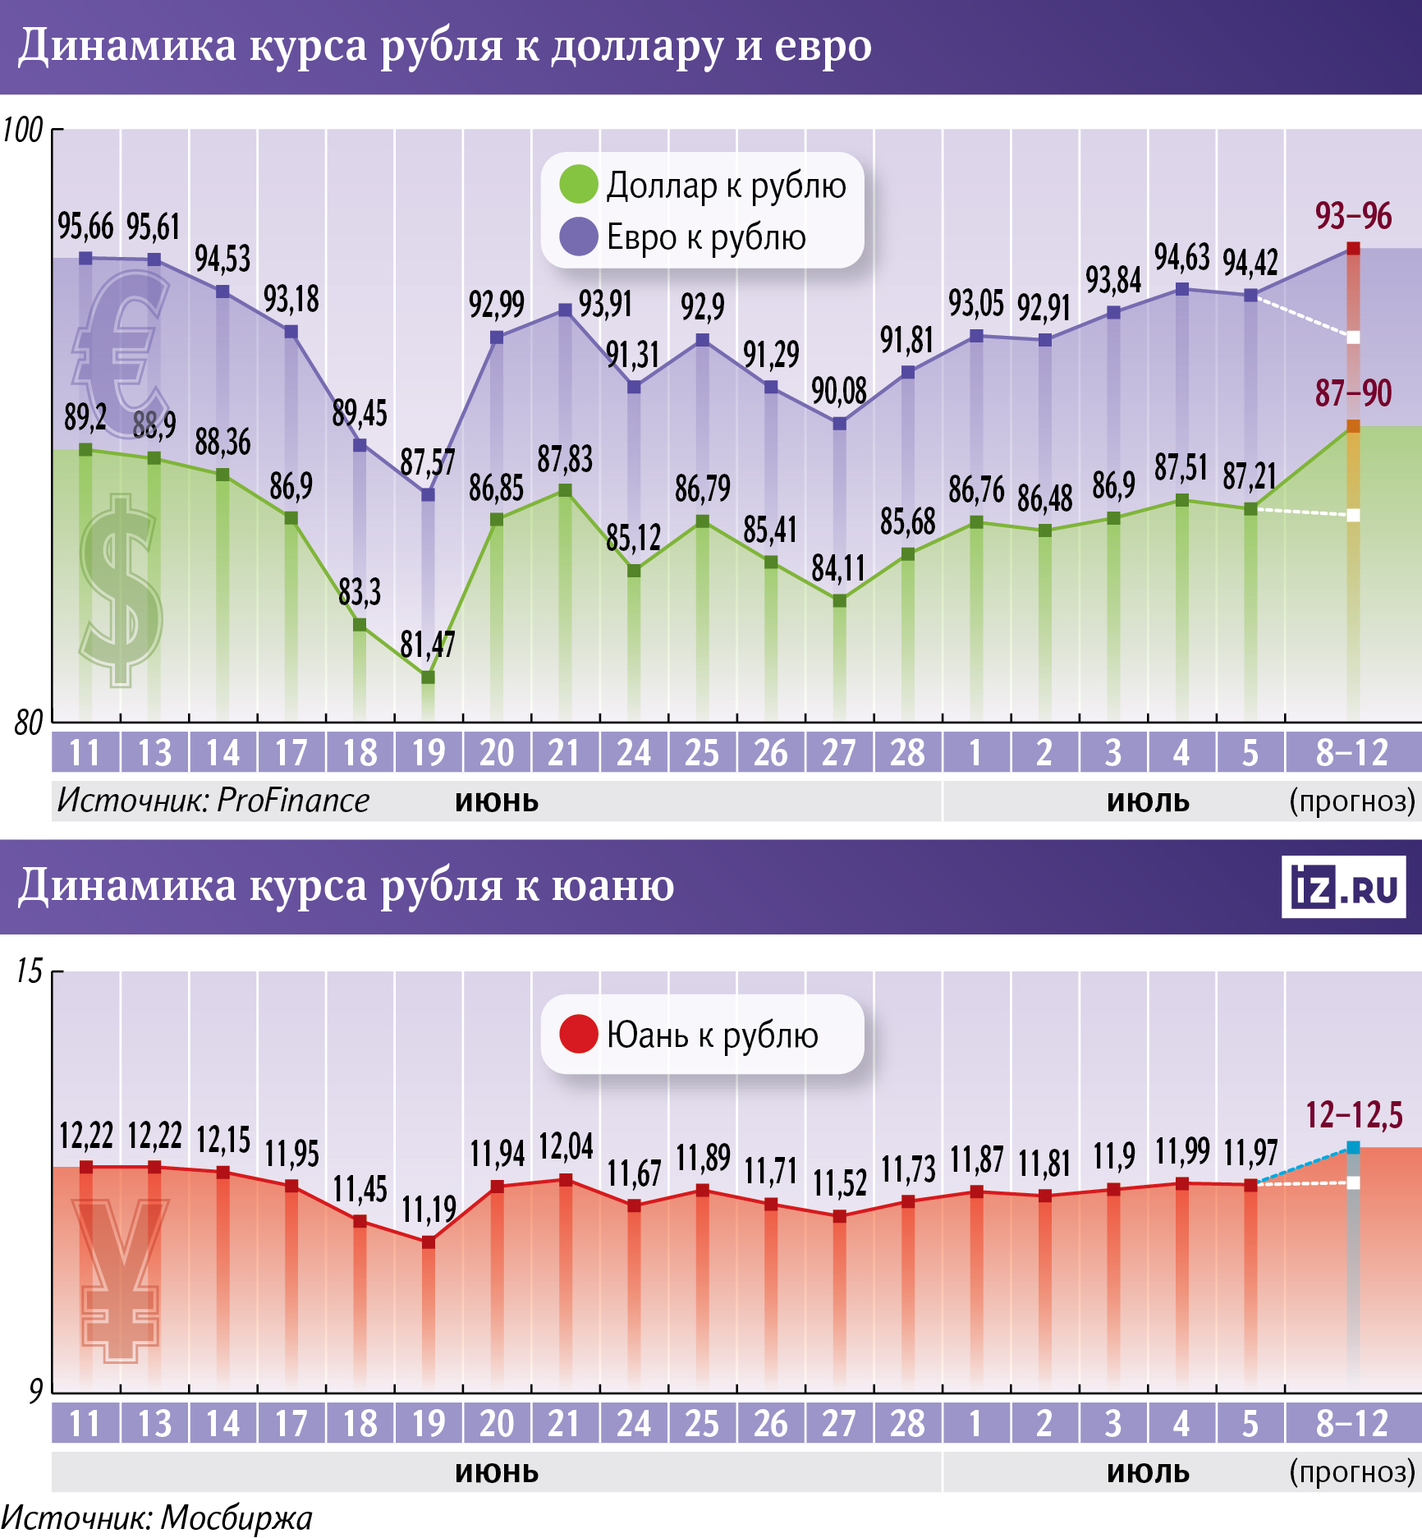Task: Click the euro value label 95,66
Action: point(85,227)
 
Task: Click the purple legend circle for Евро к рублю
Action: point(578,236)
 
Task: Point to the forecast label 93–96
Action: point(1353,216)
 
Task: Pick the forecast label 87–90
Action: point(1353,393)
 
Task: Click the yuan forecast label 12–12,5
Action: point(1354,1115)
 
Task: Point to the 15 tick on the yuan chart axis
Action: point(29,971)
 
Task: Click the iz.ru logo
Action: point(1343,887)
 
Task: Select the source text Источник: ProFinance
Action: point(213,800)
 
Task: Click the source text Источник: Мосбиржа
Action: point(156,1518)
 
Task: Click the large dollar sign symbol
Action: point(122,590)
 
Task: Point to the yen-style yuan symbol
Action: point(121,1278)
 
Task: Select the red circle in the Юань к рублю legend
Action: point(578,1034)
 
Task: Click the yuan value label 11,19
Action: point(428,1210)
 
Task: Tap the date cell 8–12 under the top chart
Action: point(1351,752)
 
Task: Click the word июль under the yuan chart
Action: point(1148,1471)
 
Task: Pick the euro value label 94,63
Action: point(1181,258)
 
